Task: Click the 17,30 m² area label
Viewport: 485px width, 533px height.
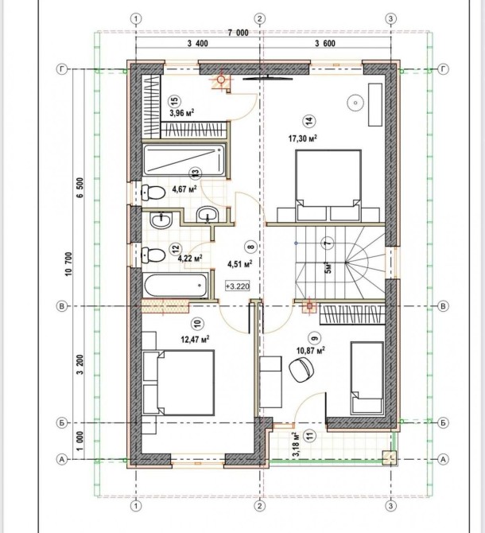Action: (x=303, y=138)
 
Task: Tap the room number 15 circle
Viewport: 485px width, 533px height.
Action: (x=175, y=100)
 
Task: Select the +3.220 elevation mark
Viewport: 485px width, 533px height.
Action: (x=238, y=286)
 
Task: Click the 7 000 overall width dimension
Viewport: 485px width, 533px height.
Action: (x=238, y=33)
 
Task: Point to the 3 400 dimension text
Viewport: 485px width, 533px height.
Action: (x=197, y=43)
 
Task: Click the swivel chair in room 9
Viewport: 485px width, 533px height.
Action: (x=301, y=371)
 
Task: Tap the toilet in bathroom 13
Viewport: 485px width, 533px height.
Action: (x=153, y=192)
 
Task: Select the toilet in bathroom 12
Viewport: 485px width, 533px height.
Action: (x=153, y=255)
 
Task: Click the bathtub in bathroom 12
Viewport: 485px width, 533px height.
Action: (x=176, y=286)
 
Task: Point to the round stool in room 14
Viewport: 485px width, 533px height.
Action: (x=355, y=103)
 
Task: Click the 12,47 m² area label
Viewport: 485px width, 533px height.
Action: (x=195, y=339)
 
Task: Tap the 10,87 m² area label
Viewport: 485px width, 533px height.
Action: (x=311, y=350)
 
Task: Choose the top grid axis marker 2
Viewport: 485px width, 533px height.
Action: (x=260, y=18)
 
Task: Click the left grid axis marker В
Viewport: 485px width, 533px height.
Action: (x=61, y=306)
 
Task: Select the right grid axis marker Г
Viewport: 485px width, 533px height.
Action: (x=443, y=69)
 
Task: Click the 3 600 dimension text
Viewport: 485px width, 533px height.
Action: (x=325, y=43)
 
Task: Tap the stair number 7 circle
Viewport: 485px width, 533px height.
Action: (x=327, y=243)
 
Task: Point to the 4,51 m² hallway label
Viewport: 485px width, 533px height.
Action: (x=239, y=264)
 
